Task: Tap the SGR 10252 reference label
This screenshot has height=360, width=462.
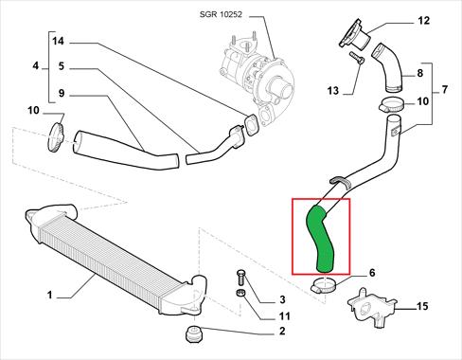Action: click(x=221, y=14)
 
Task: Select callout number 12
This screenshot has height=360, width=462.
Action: click(x=424, y=21)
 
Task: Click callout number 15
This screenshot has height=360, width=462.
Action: click(x=422, y=306)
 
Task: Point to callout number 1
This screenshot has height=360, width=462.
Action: click(x=49, y=296)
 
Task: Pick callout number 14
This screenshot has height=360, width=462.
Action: click(x=58, y=42)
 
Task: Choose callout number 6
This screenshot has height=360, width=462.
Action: click(x=372, y=273)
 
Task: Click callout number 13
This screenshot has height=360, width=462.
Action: click(x=332, y=91)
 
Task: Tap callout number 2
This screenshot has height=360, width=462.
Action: click(x=282, y=331)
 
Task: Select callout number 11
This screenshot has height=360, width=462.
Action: click(x=284, y=316)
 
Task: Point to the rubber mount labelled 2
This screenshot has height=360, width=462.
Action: click(x=193, y=333)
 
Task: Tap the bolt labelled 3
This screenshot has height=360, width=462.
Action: click(x=240, y=278)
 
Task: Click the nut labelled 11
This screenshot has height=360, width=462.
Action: click(x=240, y=293)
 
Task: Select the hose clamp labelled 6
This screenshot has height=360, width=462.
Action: click(x=325, y=284)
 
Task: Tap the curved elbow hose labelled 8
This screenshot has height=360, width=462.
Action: click(x=387, y=68)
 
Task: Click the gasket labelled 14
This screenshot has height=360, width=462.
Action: click(x=252, y=126)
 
